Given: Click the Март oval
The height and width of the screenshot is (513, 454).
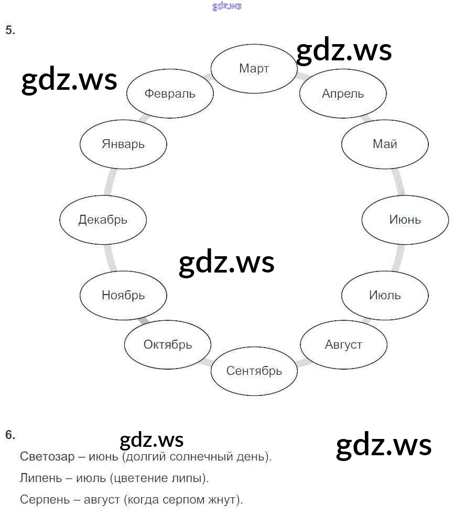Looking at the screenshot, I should coord(254,68).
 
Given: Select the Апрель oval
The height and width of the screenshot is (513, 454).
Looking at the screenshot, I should coord(343,93).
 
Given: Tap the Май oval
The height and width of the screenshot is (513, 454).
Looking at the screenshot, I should coord(385,144).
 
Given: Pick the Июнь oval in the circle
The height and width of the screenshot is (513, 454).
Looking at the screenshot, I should coord(405,219).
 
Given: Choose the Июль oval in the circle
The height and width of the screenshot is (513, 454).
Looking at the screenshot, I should coord(385,295).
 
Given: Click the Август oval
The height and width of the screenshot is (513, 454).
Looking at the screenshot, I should coord(343,345).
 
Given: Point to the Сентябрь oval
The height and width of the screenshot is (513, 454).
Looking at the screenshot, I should coord(254,371).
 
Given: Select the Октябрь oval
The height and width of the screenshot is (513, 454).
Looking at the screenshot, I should coord(168,345).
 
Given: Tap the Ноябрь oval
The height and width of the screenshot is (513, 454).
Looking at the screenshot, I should coord(123,295).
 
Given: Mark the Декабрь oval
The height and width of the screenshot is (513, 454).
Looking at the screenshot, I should coord(103,219).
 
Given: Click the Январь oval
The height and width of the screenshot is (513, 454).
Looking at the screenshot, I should coord(123,144).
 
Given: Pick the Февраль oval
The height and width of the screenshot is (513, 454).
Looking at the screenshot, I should coord(170,93).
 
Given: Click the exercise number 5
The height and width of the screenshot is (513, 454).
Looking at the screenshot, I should coord(10,30).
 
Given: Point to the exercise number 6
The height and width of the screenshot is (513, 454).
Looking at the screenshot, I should coord(10,435).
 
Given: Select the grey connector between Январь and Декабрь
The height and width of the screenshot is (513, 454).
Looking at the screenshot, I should coord(109,182).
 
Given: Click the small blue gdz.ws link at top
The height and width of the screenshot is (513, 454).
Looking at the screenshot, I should coord(227,6).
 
